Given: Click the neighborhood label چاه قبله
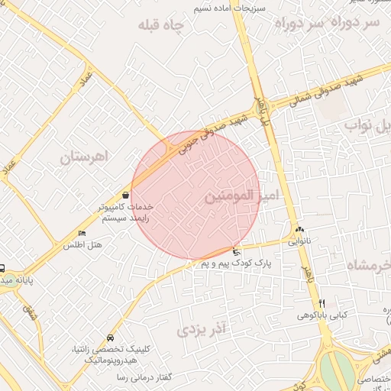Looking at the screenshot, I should tap(162, 25).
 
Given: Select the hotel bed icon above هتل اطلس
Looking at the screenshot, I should tap(82, 234).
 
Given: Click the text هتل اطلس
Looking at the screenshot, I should tap(82, 245).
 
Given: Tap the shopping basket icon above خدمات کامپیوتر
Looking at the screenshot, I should tap(125, 195).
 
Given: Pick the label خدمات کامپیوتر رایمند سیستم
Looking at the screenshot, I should tap(124, 212).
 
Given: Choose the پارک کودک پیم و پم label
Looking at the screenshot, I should tap(237, 263).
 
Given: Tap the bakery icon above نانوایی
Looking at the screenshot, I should tap(299, 228).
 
